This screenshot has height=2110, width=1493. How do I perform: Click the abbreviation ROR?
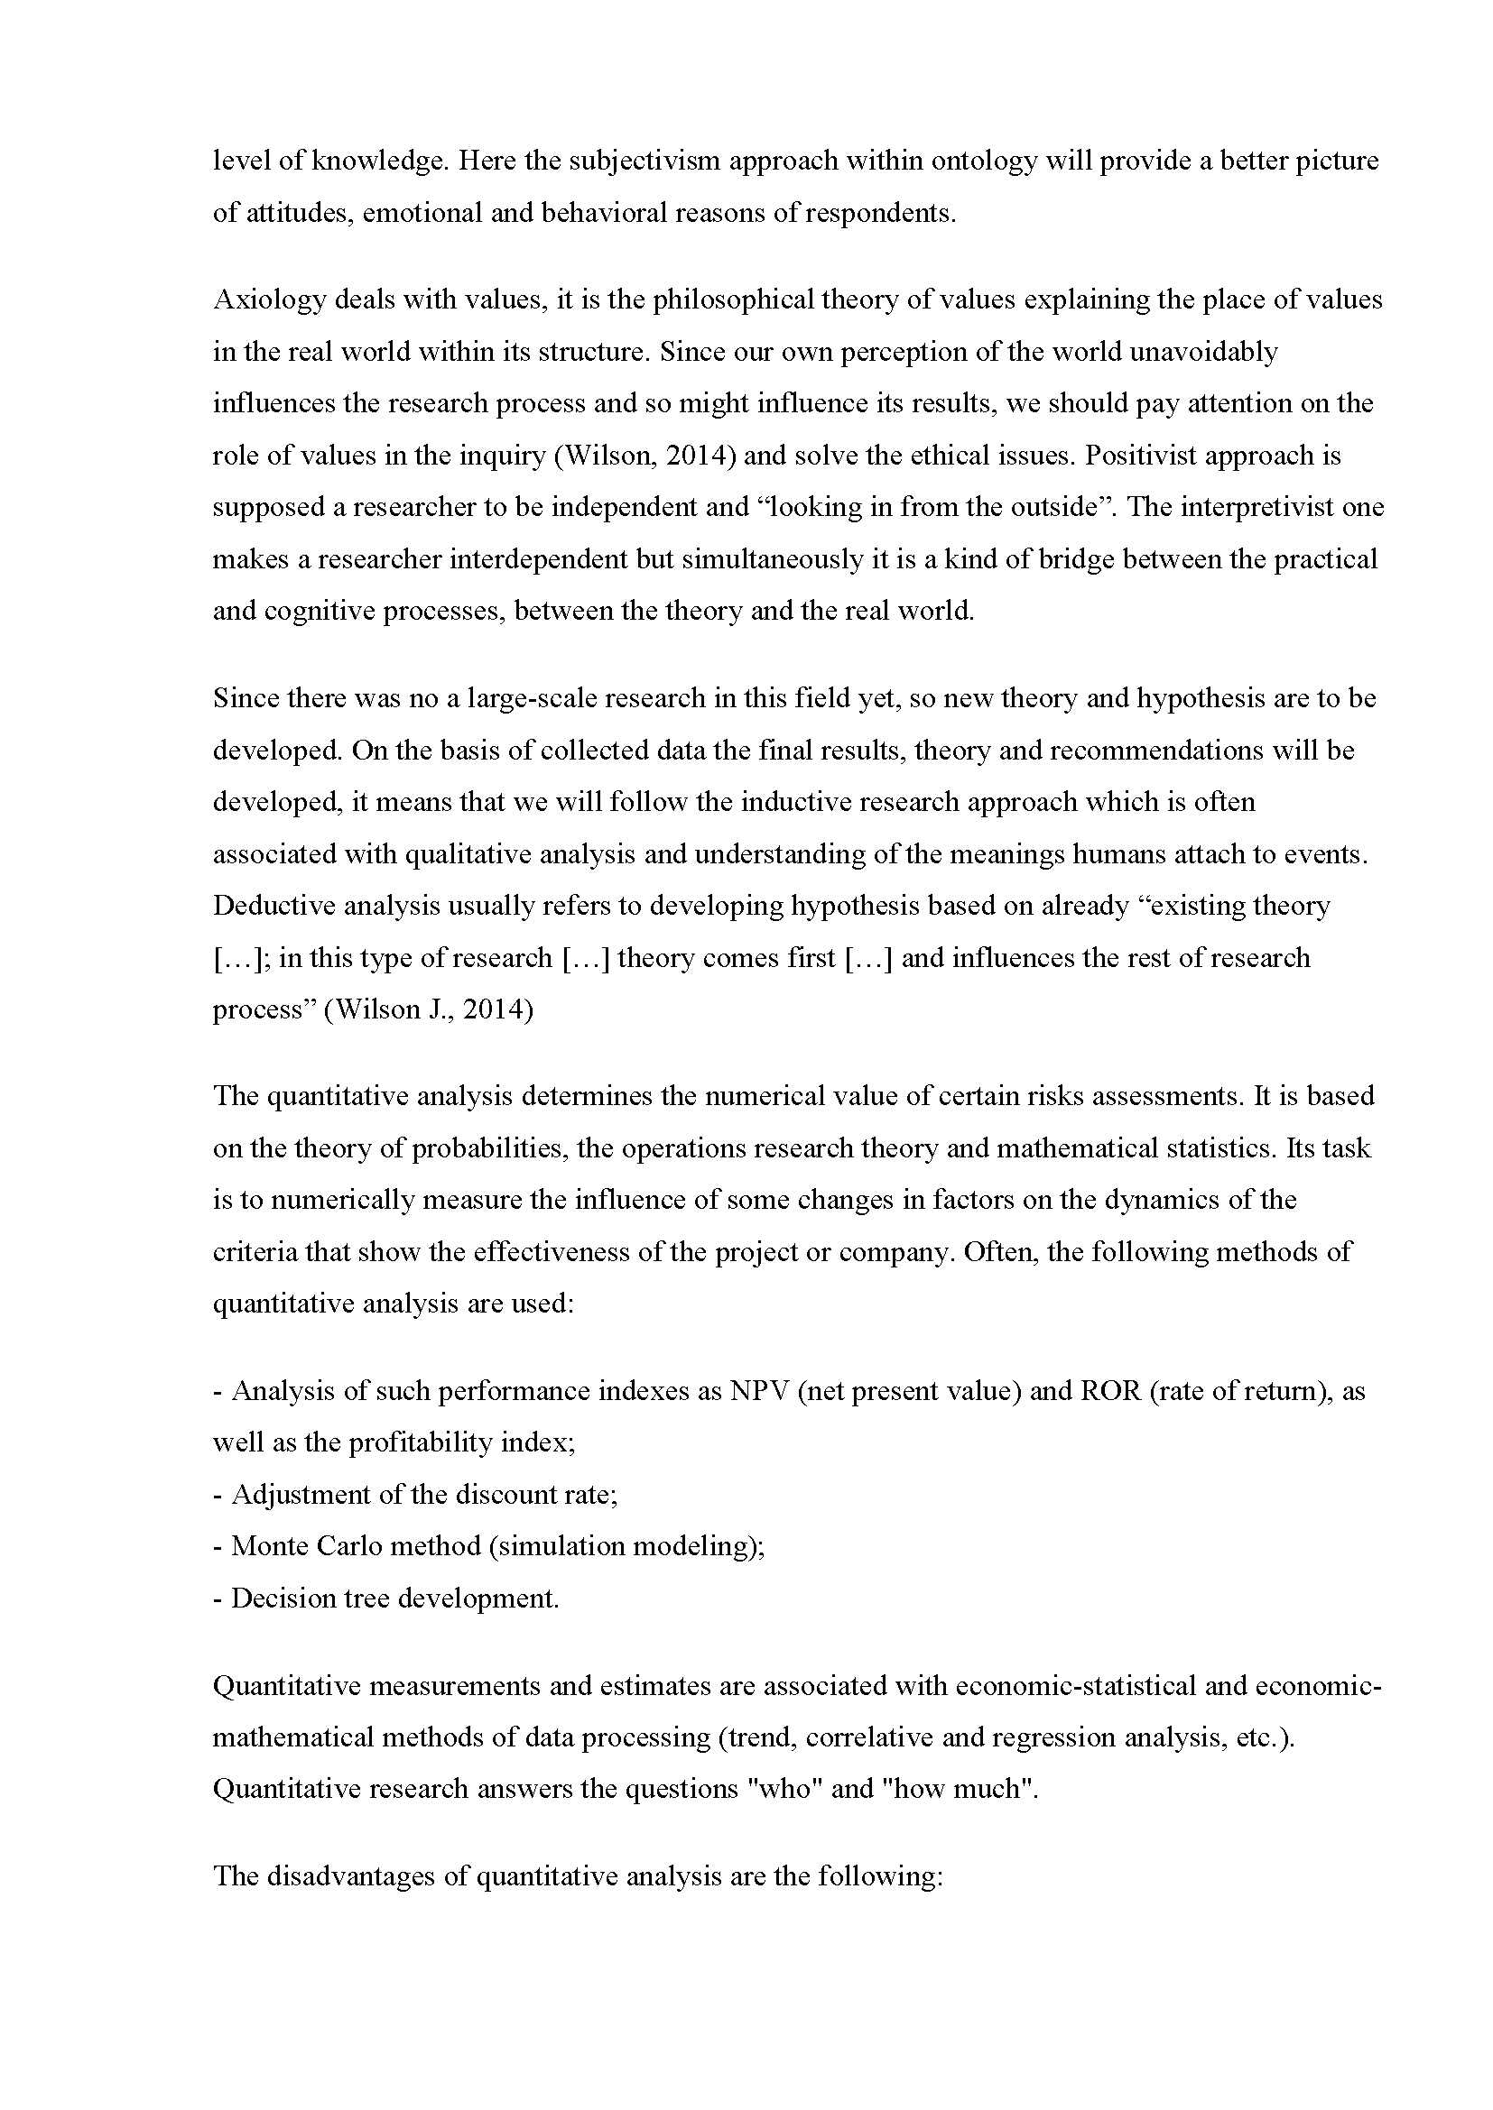click(1109, 1391)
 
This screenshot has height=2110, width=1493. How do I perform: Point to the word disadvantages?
click(351, 1876)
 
